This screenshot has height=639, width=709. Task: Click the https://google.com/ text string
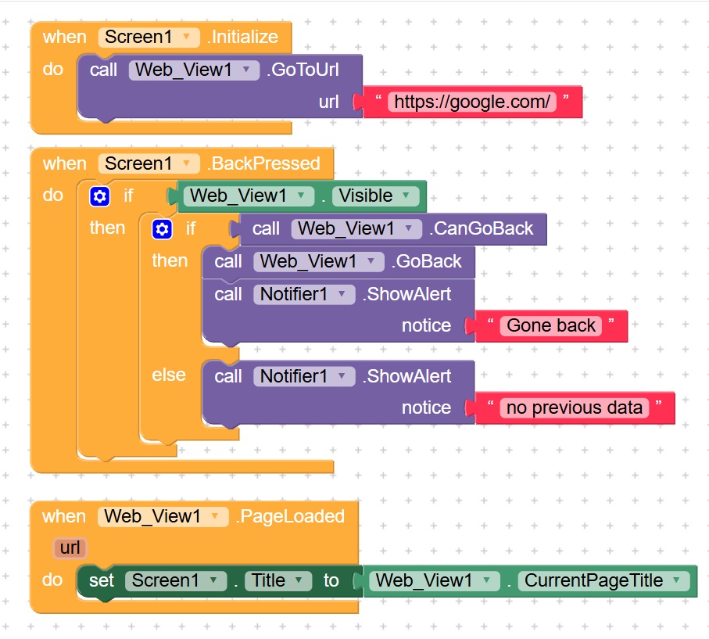pyautogui.click(x=472, y=102)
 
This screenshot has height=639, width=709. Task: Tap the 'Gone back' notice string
pyautogui.click(x=551, y=325)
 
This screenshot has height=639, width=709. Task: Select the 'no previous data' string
pyautogui.click(x=575, y=407)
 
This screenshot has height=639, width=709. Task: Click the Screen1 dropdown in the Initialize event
pyautogui.click(x=149, y=37)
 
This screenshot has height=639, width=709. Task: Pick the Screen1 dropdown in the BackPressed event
pyautogui.click(x=149, y=163)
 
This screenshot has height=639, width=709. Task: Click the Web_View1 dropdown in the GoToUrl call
pyautogui.click(x=193, y=70)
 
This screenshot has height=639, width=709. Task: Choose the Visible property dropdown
pyautogui.click(x=374, y=196)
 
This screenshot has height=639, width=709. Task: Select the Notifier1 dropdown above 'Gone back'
pyautogui.click(x=303, y=294)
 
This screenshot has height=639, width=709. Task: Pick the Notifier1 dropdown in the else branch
pyautogui.click(x=303, y=376)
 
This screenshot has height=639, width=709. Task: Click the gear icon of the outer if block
pyautogui.click(x=100, y=196)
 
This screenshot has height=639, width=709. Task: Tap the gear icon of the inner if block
pyautogui.click(x=162, y=229)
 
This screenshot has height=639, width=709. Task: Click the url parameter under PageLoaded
pyautogui.click(x=70, y=547)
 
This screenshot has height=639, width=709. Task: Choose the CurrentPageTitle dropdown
pyautogui.click(x=603, y=580)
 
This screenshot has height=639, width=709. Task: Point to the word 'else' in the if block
pyautogui.click(x=169, y=375)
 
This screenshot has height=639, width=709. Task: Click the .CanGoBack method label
pyautogui.click(x=481, y=228)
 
